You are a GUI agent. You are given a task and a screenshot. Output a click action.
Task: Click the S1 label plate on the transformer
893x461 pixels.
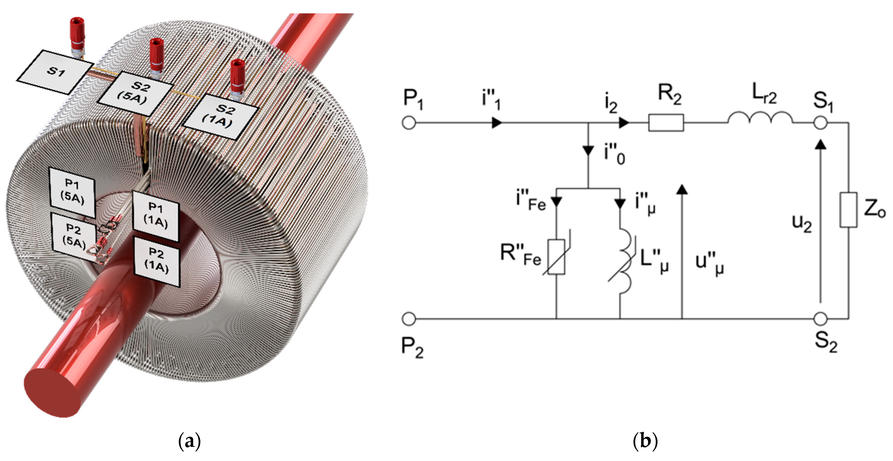pos(55,72)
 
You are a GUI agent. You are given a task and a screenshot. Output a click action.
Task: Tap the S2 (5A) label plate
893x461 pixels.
pos(135,94)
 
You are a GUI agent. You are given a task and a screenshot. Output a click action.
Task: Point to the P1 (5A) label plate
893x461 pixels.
pos(72,192)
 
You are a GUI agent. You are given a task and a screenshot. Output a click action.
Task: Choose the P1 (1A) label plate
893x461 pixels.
pos(156,216)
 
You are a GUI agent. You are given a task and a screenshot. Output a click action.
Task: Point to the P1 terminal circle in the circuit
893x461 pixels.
pos(409,123)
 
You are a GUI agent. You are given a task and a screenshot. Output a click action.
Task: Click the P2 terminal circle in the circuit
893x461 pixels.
pos(409,318)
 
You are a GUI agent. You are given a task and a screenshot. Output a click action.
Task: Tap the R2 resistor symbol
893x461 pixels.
pos(666,123)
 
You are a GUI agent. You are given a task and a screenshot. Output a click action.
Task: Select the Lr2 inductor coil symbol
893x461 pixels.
pos(760,119)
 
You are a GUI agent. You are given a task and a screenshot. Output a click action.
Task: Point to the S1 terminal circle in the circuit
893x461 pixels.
pos(820,123)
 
